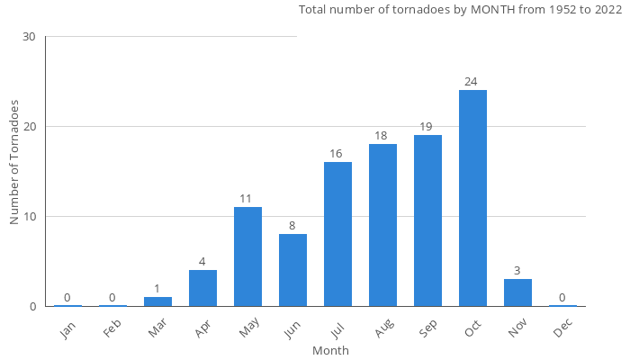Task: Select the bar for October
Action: (472, 198)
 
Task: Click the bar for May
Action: (247, 256)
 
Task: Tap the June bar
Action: (292, 270)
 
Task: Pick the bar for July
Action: (337, 234)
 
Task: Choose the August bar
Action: (382, 225)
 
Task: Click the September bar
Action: (427, 220)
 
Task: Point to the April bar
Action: (202, 288)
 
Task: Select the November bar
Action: (517, 292)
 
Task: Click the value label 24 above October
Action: (471, 82)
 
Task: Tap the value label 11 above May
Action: (246, 199)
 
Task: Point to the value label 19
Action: (426, 127)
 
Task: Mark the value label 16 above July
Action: (336, 154)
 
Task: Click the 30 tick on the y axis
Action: (29, 37)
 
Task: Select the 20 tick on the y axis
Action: (29, 127)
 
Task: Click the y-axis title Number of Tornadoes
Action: (15, 163)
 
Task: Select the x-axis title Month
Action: (330, 350)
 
